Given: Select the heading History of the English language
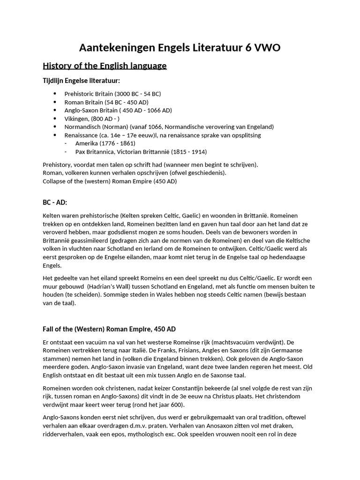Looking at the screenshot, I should (x=105, y=66).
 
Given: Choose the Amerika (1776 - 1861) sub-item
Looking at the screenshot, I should (x=105, y=143).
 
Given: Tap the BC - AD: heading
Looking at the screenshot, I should (x=55, y=202).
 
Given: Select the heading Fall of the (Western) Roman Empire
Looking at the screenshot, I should (x=109, y=329).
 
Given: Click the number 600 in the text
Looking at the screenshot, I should (x=179, y=405).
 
